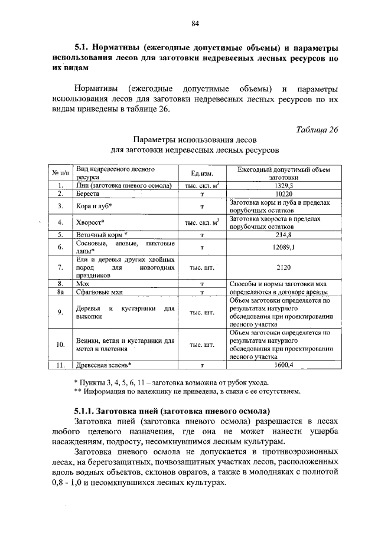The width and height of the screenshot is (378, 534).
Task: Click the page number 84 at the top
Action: (x=195, y=23)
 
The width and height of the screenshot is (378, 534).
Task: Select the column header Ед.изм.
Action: (x=201, y=173)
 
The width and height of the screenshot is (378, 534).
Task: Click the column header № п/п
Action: (x=61, y=173)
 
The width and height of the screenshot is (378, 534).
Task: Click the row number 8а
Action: (x=60, y=291)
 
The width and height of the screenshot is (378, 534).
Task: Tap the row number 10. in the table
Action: (x=60, y=345)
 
